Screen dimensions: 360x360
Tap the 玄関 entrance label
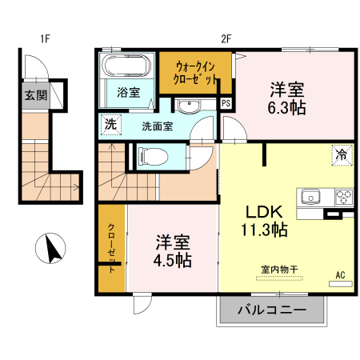[34, 96]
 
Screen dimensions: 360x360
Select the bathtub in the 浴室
[126, 68]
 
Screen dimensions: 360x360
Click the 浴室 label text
[128, 92]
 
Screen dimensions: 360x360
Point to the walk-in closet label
[197, 73]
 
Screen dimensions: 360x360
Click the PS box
[226, 103]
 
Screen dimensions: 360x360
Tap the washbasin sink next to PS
[190, 106]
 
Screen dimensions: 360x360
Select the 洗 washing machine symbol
[110, 125]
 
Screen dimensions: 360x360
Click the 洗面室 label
[158, 126]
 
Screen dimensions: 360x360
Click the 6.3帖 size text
[286, 107]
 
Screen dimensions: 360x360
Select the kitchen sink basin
[310, 197]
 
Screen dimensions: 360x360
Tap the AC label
[340, 275]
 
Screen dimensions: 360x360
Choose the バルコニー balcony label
[272, 310]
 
